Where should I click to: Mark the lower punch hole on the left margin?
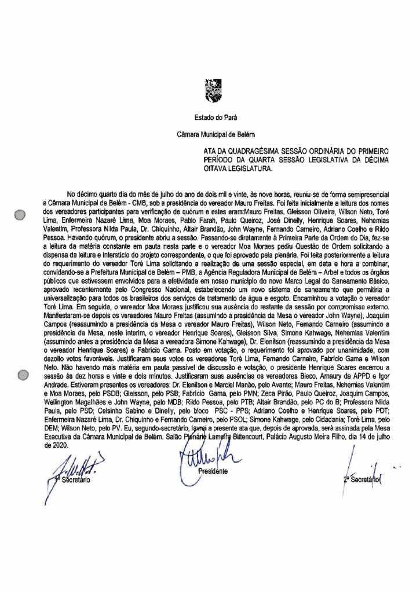(x=21, y=375)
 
